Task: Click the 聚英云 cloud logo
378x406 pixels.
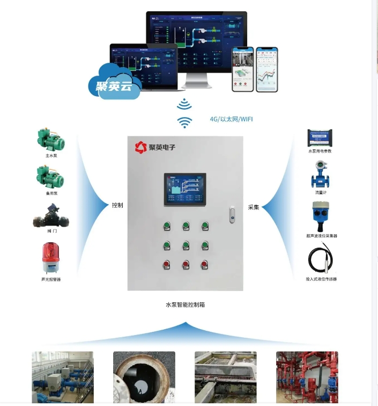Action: pos(114,82)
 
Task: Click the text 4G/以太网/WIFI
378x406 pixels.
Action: pos(231,119)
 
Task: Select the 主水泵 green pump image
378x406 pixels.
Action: pos(51,140)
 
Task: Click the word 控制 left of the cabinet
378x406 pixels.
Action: pos(117,206)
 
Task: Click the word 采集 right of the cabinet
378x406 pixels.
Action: pos(254,207)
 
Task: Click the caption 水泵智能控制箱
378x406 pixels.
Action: pos(185,305)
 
